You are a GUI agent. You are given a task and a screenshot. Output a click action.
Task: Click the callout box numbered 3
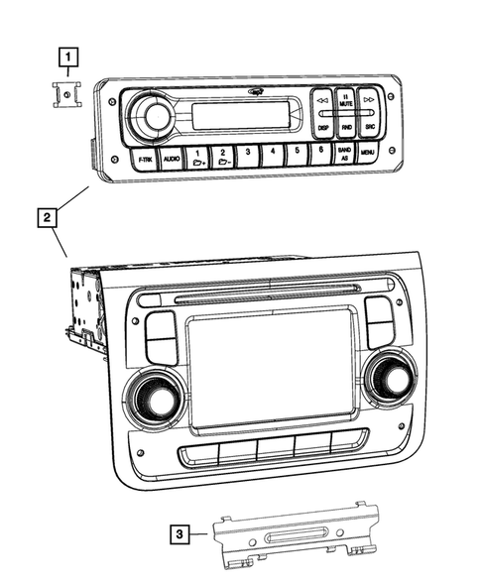click(x=178, y=534)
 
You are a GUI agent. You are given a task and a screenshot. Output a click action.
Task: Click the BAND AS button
click(x=344, y=152)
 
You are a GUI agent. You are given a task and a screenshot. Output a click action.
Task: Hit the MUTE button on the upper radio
click(x=344, y=99)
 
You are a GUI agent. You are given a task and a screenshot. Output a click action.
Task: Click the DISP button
click(x=322, y=127)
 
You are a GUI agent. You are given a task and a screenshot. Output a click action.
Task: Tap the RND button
click(x=345, y=127)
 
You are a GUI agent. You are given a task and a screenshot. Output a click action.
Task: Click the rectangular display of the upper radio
click(x=240, y=115)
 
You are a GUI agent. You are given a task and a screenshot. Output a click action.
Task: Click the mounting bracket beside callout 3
click(x=297, y=536)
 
